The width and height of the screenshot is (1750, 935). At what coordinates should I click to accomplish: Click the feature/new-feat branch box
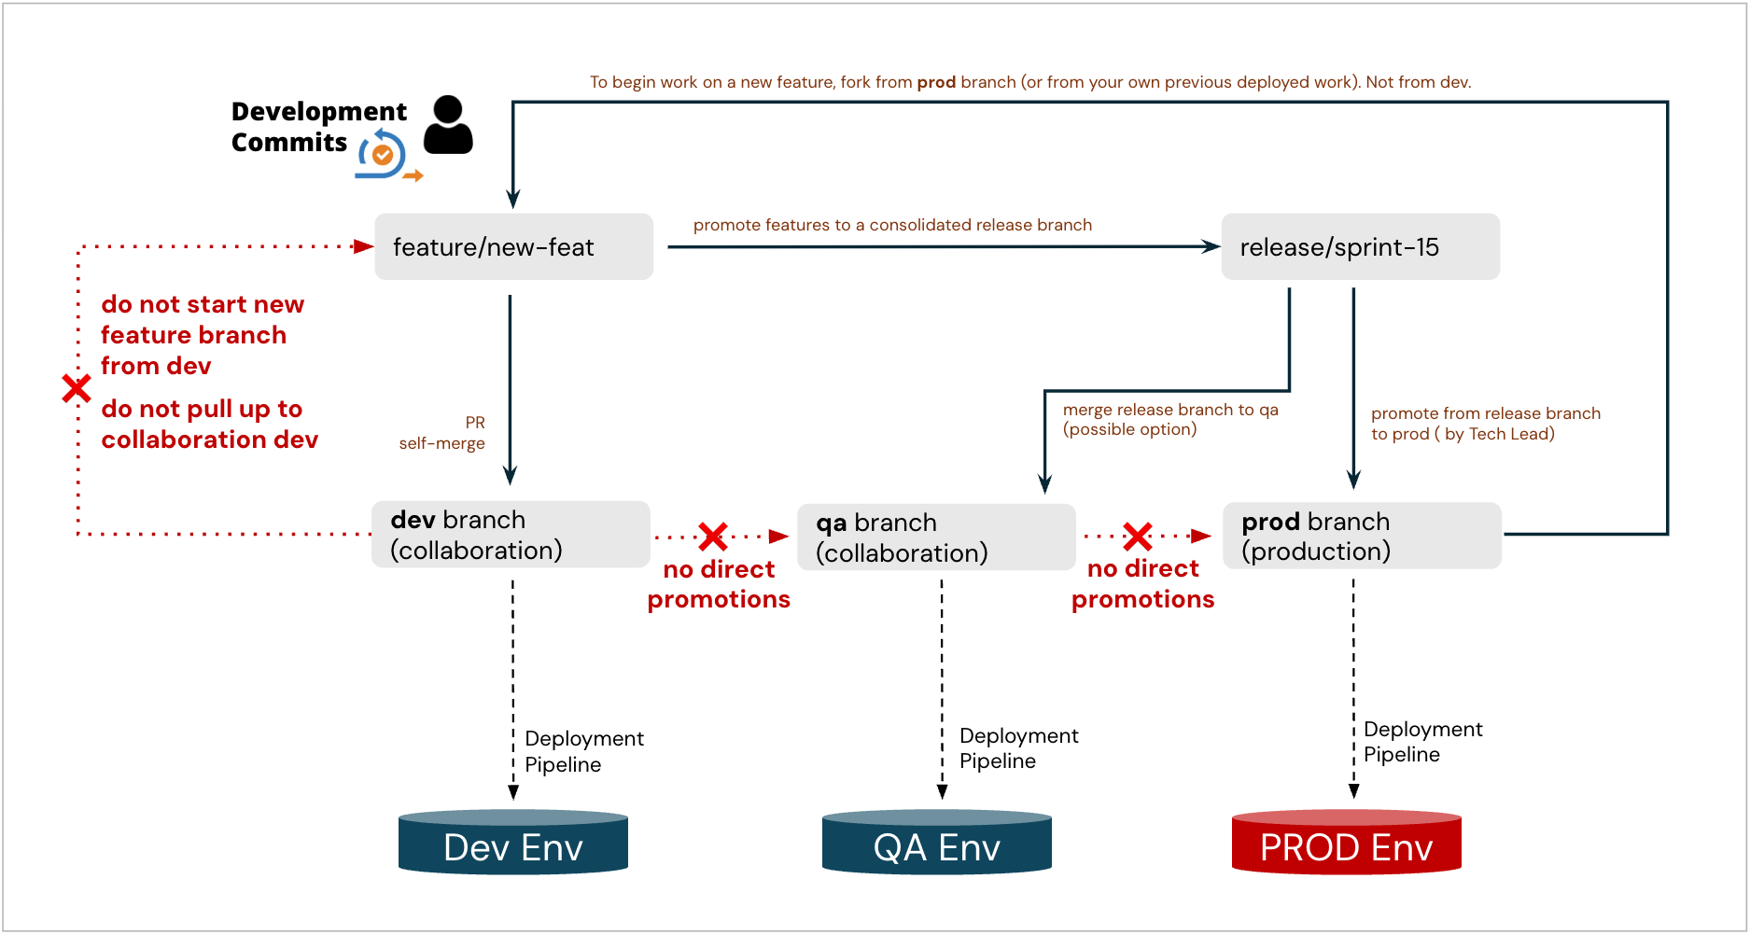point(513,247)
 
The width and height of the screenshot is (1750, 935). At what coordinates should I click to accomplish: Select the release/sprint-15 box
point(1360,247)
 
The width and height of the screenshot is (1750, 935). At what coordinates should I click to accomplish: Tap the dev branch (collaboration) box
point(511,535)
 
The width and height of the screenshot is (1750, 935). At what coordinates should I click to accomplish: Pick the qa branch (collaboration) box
point(936,537)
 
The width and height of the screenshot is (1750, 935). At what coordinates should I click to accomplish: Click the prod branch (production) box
point(1362,536)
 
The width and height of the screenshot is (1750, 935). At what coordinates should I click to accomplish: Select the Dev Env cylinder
point(513,843)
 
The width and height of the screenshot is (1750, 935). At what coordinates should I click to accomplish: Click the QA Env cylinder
point(937,843)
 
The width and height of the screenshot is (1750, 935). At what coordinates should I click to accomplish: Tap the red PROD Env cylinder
point(1346,843)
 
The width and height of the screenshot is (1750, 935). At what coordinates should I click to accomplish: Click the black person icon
point(448,125)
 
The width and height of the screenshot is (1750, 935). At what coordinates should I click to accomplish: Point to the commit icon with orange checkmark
point(383,155)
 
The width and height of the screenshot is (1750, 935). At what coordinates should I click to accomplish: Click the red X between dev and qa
point(713,537)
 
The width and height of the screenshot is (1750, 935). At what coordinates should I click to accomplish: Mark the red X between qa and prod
point(1138,537)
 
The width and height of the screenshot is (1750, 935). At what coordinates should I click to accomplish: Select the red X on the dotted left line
point(77,388)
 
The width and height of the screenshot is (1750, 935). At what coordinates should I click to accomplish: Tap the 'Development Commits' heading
point(318,127)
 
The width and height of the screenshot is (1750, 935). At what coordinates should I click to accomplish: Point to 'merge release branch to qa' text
point(1170,419)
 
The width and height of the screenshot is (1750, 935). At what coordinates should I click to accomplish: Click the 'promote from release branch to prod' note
point(1485,424)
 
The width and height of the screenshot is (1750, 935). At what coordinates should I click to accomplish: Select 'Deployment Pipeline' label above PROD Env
point(1422,742)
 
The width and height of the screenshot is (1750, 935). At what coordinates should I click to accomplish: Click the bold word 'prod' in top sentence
point(936,82)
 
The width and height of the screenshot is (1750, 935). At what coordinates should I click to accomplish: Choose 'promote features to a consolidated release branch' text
point(892,225)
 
